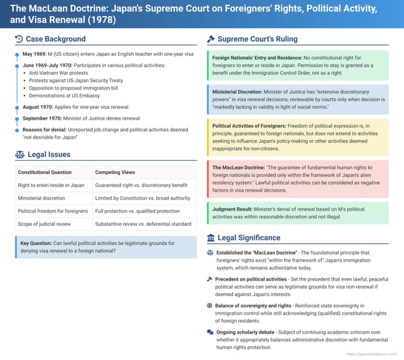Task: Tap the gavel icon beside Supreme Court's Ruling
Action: click(211, 39)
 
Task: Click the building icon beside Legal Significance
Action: click(211, 238)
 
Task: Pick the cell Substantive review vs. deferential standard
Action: click(143, 223)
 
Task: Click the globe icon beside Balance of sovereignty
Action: click(210, 305)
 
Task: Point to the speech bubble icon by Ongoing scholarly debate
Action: click(210, 332)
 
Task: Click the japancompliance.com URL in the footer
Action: click(370, 353)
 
